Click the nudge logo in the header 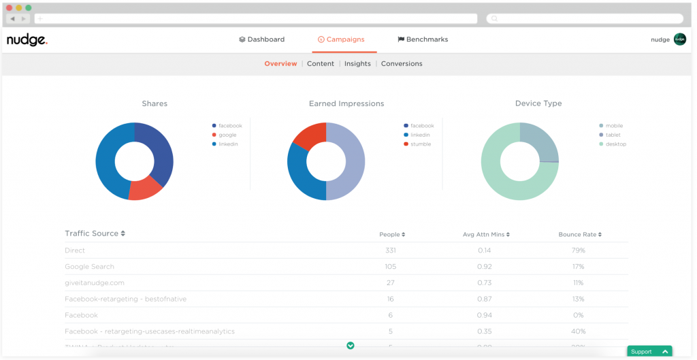[27, 40]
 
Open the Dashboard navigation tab [262, 39]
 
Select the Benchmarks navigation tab [423, 39]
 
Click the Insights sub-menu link [357, 64]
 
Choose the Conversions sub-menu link [402, 64]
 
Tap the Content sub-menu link [321, 64]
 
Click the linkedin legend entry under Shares [228, 144]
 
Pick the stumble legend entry [420, 144]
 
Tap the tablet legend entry [613, 135]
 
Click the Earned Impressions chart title [346, 104]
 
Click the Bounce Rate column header [580, 235]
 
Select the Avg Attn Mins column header [486, 235]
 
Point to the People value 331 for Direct [391, 250]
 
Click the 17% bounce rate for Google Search [579, 267]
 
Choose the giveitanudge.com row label [95, 283]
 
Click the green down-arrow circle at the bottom [351, 346]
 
